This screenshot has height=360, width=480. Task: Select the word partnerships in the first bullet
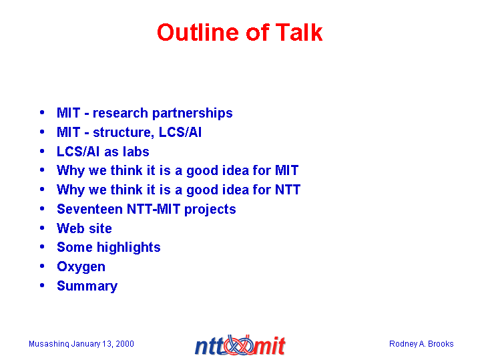click(x=192, y=114)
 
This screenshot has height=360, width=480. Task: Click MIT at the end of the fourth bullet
click(x=286, y=170)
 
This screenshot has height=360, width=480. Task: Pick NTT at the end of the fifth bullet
click(x=288, y=190)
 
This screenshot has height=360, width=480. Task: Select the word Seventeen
click(x=89, y=209)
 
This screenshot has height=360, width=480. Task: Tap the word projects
click(x=210, y=210)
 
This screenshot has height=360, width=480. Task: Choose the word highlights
click(x=129, y=248)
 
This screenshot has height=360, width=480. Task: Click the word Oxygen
click(x=81, y=267)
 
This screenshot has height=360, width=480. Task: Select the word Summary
click(x=87, y=286)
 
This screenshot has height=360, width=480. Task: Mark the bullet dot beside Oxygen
click(x=42, y=266)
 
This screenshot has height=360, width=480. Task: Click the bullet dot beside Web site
click(x=42, y=228)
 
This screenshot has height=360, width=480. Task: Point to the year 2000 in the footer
click(x=125, y=344)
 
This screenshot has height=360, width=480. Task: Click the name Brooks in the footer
click(x=441, y=344)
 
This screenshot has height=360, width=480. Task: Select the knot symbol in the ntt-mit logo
click(x=240, y=345)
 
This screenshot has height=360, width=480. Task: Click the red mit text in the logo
click(x=270, y=346)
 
